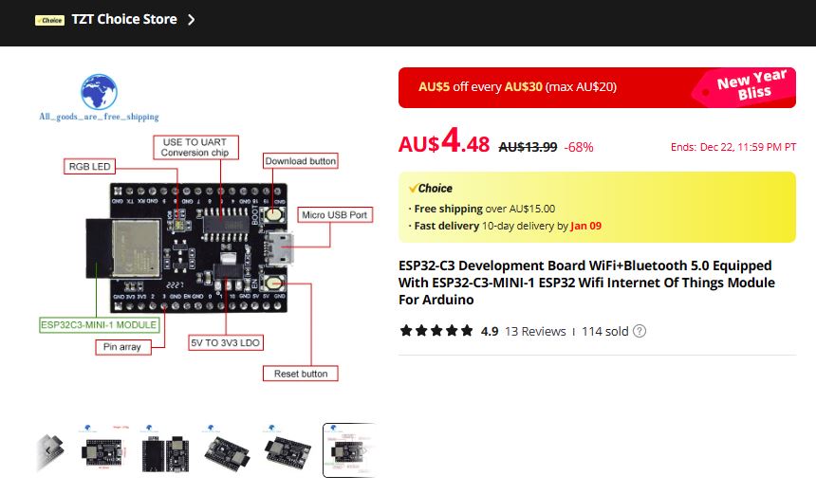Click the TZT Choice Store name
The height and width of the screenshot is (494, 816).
point(123,19)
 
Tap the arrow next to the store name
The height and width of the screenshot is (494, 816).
point(192,19)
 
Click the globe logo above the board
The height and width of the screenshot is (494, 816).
point(99,93)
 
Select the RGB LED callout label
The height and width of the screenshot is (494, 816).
point(89,166)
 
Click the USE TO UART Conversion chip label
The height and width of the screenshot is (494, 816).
point(194,147)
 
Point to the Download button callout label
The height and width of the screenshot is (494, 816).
point(300,161)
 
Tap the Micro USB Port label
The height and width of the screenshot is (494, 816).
point(335,215)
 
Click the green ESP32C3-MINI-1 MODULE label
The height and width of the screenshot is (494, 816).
point(99,324)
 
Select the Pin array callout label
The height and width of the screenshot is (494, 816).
point(122,347)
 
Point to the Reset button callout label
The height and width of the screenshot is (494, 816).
point(300,374)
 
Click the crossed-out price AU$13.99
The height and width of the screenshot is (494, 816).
point(527,146)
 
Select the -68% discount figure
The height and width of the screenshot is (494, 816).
point(579,146)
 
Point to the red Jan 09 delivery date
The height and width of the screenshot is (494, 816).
point(586,226)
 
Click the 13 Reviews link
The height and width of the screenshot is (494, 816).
point(535,331)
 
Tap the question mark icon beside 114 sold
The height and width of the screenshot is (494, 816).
point(640,331)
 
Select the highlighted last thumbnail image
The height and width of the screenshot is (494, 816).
point(348,449)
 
